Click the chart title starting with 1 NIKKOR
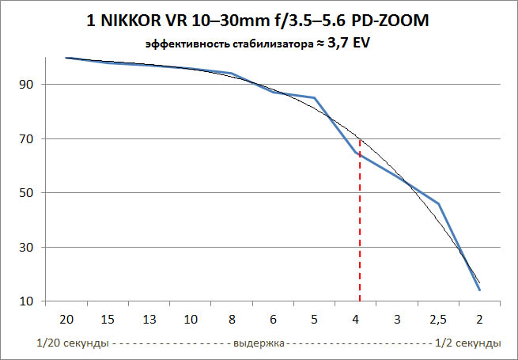point(259,22)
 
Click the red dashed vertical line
point(360,237)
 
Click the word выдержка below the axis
point(258,343)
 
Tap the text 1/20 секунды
point(72,343)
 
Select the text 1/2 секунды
point(467,343)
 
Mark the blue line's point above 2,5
point(438,204)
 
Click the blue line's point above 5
point(315,98)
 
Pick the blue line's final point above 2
point(479,290)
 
